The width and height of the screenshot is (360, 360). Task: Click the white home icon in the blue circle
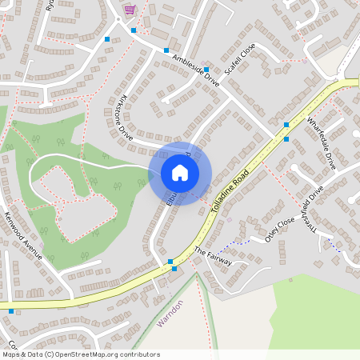(180, 173)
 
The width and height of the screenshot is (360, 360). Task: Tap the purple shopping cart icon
(129, 10)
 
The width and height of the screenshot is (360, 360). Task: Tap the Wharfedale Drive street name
(321, 142)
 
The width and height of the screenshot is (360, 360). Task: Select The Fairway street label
(213, 256)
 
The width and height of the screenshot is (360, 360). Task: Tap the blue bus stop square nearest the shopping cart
(134, 30)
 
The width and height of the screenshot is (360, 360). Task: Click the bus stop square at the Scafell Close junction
(206, 70)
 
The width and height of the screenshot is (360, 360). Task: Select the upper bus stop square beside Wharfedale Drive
(286, 124)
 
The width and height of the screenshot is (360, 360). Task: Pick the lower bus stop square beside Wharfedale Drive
(286, 139)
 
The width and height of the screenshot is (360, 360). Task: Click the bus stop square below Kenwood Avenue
(11, 310)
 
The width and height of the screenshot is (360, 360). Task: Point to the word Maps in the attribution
(11, 354)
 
